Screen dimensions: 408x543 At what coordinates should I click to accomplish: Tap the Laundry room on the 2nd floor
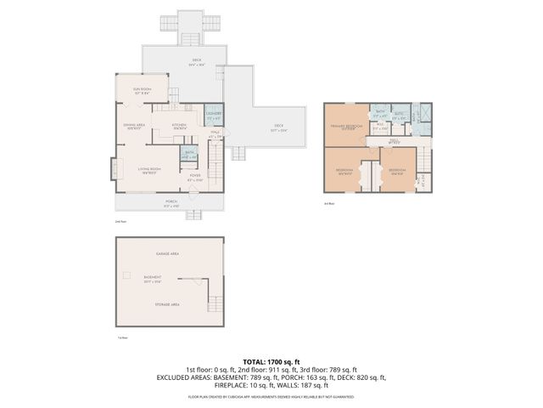pos(214,116)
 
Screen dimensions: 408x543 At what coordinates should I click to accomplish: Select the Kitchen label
pos(180,126)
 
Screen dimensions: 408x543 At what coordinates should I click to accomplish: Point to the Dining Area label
pos(133,126)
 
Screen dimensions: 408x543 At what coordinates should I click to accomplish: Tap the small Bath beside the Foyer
pos(190,155)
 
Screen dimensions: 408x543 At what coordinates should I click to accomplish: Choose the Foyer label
pos(195,178)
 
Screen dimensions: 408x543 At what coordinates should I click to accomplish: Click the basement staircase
pos(216,302)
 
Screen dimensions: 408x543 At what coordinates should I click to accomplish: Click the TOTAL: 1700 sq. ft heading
pos(271,361)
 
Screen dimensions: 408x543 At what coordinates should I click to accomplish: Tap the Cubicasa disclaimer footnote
pos(271,397)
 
